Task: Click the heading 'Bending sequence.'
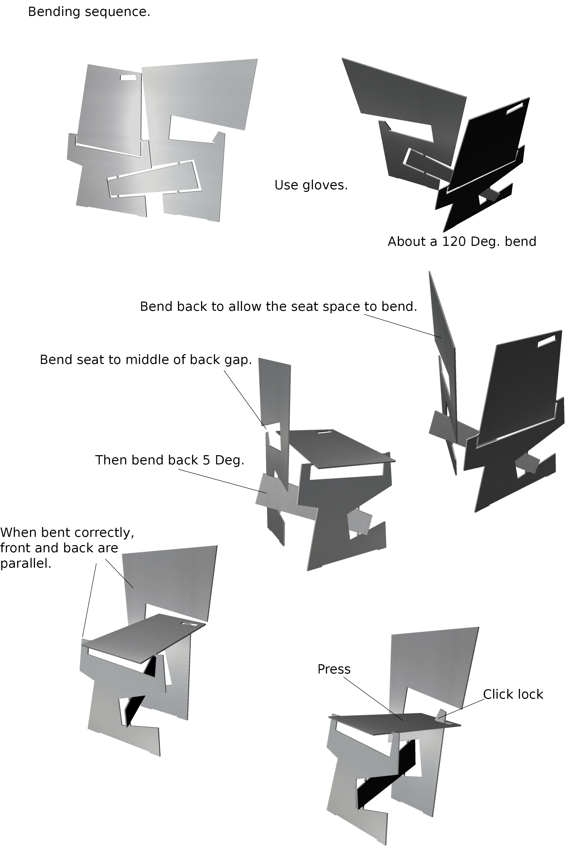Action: (89, 12)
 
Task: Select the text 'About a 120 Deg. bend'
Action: (462, 242)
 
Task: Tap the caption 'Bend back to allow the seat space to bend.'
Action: (278, 307)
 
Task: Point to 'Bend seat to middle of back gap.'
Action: (146, 360)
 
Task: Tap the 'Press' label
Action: (334, 669)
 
